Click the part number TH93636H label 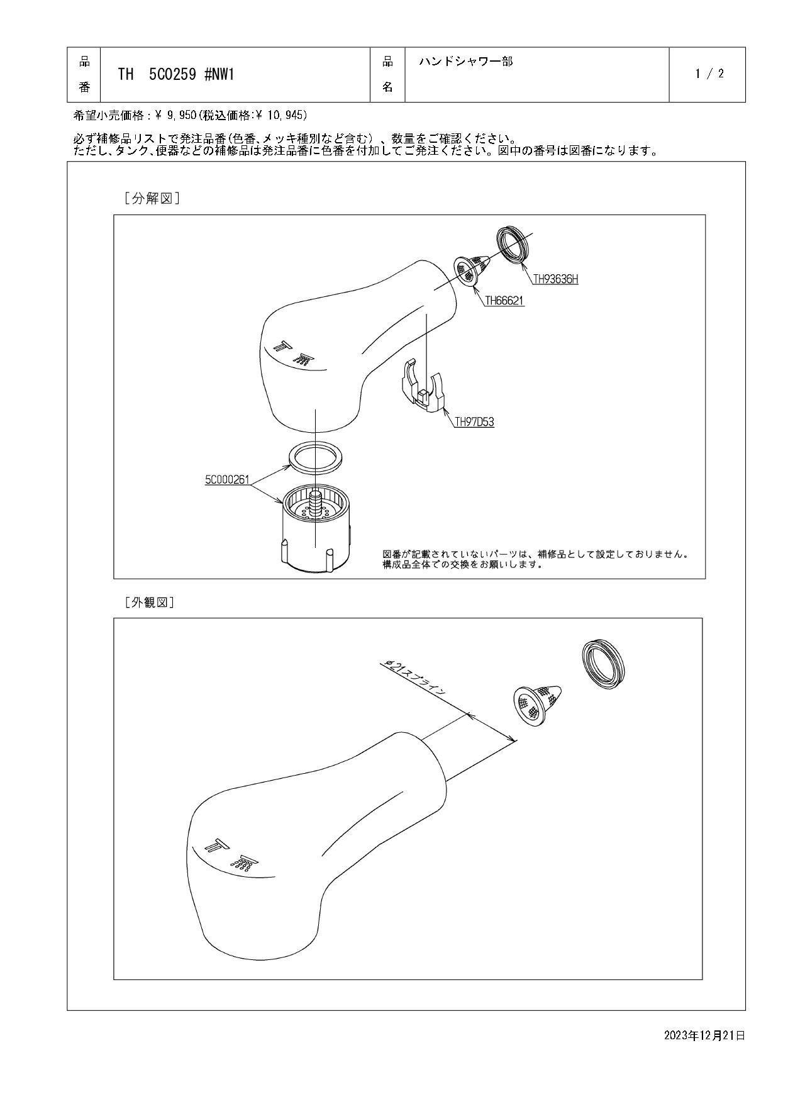(555, 279)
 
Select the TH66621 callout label (504, 301)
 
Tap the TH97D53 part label (474, 422)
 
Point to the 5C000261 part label (227, 480)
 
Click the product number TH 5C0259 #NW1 (176, 74)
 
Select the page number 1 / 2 (709, 74)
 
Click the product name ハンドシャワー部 (465, 62)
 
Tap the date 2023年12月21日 (704, 1035)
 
